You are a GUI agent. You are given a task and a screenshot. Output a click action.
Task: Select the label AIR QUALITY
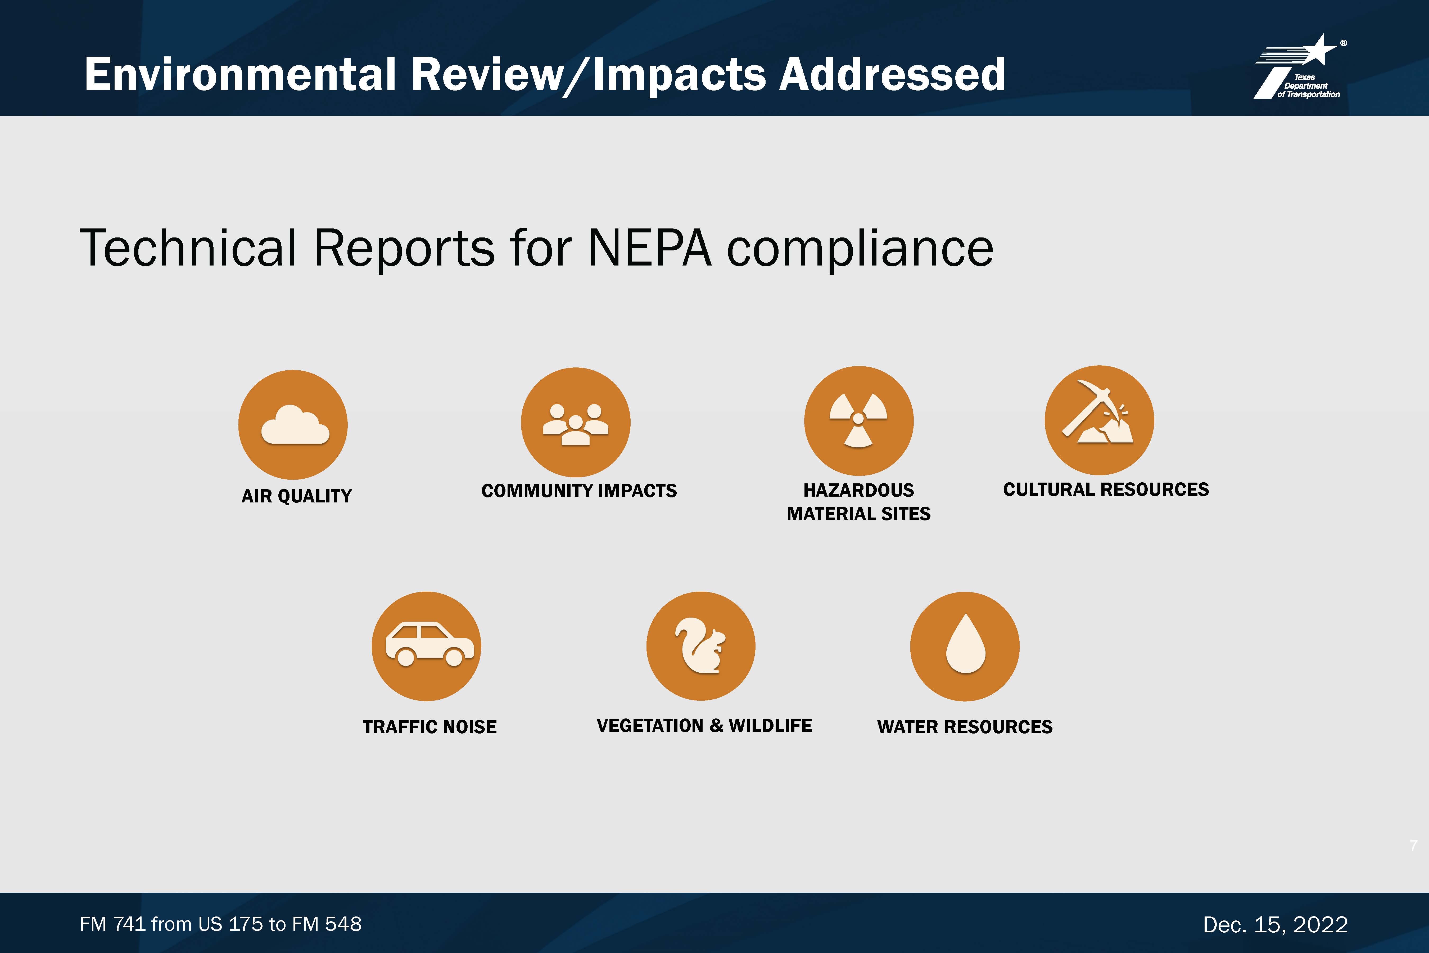click(296, 496)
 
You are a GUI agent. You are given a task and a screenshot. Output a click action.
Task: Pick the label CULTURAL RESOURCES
click(1106, 489)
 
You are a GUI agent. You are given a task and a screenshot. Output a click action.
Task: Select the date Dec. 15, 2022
click(1275, 924)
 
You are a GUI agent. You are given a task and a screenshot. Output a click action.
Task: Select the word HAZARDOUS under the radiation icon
click(858, 490)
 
